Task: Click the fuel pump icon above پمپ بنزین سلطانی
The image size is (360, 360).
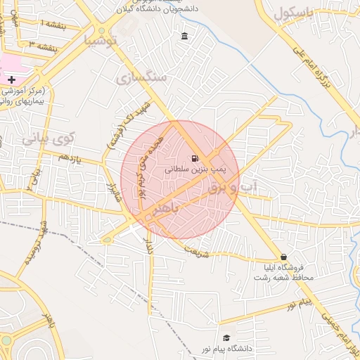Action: [195, 158]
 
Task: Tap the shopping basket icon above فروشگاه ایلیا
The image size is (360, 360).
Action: [283, 257]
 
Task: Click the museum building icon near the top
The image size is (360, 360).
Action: [184, 37]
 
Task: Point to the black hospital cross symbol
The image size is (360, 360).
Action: [11, 80]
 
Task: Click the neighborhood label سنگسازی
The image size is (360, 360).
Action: [142, 77]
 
